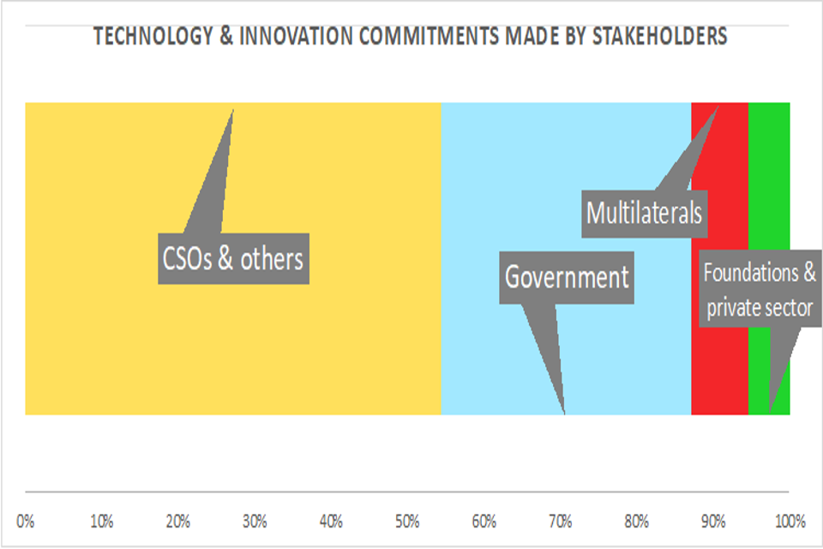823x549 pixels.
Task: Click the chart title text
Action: [411, 37]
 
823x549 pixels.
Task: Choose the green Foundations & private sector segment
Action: [770, 172]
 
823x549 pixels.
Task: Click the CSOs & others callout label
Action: [233, 258]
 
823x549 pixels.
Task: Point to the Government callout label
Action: [567, 277]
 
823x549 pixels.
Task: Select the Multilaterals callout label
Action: [644, 211]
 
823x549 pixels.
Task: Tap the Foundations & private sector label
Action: [760, 291]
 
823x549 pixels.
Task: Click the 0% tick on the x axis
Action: [26, 521]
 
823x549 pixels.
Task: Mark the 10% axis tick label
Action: [102, 521]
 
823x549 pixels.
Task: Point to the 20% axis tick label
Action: [178, 521]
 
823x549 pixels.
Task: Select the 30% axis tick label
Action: [255, 521]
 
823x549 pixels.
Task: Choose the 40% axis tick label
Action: [331, 521]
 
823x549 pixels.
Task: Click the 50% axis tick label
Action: [407, 521]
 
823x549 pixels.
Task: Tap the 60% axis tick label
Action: [484, 521]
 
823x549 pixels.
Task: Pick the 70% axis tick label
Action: [561, 521]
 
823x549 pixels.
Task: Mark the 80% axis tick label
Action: [637, 521]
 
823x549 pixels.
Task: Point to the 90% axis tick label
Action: [713, 521]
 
